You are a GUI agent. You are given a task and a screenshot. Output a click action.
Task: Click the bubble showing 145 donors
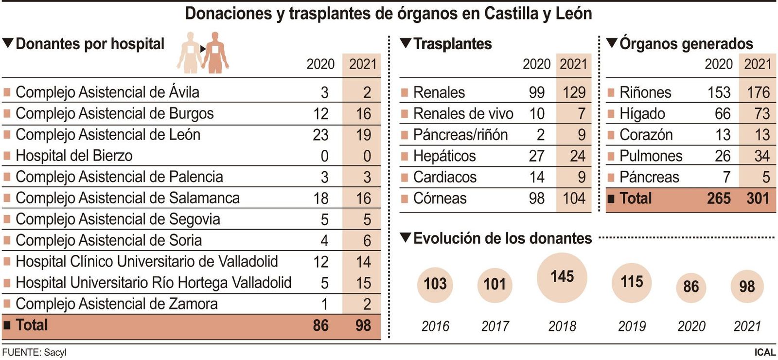[562, 278]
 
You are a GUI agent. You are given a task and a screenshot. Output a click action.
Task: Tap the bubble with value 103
[435, 285]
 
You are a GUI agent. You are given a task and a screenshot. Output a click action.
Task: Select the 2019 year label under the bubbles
[632, 326]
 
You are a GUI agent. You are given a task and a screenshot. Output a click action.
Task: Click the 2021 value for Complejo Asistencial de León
[363, 135]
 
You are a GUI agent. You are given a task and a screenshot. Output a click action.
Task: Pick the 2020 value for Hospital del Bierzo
[324, 156]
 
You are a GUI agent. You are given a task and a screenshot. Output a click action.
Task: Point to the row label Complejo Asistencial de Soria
[109, 240]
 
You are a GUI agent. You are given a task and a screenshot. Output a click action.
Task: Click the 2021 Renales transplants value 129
[574, 92]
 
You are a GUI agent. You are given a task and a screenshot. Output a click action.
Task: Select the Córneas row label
[440, 198]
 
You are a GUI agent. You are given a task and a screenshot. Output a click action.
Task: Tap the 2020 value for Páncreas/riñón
[540, 135]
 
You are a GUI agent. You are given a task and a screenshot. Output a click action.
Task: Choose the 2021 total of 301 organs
[758, 198]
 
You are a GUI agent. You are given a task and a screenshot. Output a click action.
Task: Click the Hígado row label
[642, 114]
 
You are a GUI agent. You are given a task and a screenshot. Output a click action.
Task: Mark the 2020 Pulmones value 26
[723, 156]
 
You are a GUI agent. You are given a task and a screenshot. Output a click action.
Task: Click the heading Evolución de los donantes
[502, 238]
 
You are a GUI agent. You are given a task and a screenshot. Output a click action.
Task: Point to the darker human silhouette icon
[215, 53]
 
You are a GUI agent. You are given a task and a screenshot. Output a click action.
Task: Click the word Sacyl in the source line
[55, 353]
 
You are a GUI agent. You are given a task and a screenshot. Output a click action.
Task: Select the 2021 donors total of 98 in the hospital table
[363, 325]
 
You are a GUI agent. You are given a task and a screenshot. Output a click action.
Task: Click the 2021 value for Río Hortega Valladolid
[363, 283]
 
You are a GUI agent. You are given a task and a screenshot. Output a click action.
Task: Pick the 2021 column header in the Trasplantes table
[573, 64]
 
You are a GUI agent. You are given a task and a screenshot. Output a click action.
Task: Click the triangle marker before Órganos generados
[611, 43]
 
